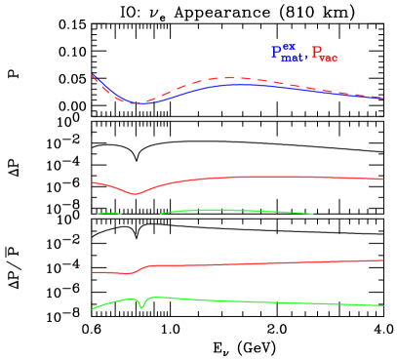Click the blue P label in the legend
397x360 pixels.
(276, 53)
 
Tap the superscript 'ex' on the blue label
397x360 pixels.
(288, 47)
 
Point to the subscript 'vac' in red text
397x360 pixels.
(329, 59)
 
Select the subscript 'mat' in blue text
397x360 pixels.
(292, 59)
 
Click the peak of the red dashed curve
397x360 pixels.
(231, 77)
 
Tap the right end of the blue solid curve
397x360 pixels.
(382, 98)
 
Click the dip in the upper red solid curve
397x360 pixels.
(135, 193)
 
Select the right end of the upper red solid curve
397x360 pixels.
(382, 179)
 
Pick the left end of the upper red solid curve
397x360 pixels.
(93, 181)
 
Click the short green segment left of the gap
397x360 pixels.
(108, 213)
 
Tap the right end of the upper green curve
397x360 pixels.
(312, 214)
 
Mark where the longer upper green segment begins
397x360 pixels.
(160, 213)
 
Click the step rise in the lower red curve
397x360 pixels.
(140, 268)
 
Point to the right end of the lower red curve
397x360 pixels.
(382, 260)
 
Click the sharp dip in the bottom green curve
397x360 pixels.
(142, 307)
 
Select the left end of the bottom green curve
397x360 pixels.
(93, 309)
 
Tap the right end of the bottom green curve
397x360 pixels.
(382, 305)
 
